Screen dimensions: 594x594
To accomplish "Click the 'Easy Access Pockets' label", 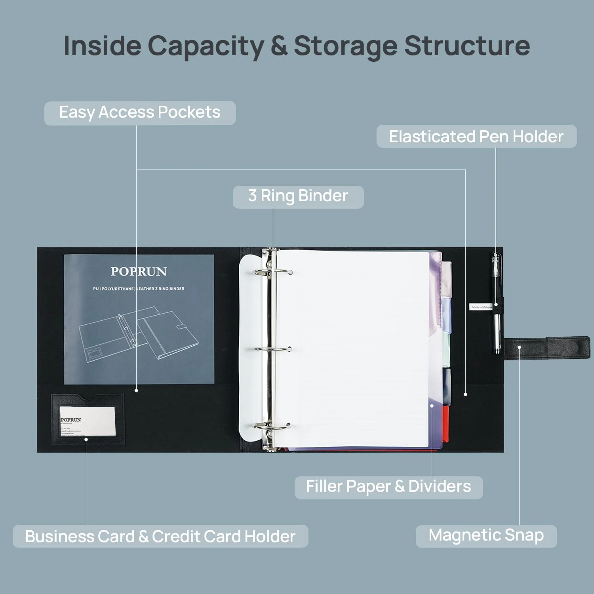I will pos(140,113).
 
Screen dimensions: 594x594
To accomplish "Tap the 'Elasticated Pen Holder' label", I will pos(476,137).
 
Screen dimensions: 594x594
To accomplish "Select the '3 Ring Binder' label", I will pos(298,196).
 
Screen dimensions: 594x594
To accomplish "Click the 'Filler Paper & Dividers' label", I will pos(388,487).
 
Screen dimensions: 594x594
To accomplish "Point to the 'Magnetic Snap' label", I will pos(486,536).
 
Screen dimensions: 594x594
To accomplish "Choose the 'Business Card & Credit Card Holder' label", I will pos(160,537).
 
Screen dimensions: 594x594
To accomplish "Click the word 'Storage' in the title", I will pos(345,46).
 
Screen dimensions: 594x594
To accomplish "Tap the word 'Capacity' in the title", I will pos(206,46).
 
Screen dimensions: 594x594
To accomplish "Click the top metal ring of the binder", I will pos(273,272).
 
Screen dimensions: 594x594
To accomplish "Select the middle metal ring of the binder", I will pos(273,349).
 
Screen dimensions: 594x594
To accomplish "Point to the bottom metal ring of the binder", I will pos(273,426).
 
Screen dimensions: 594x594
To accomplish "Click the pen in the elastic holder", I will pos(496,305).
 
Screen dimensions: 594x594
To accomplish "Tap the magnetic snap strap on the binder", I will pos(546,348).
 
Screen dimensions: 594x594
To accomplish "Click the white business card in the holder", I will pos(88,421).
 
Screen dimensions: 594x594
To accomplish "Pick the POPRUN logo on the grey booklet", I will pos(138,272).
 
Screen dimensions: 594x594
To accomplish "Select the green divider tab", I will pos(446,348).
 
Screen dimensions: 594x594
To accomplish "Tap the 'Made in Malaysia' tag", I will pos(481,307).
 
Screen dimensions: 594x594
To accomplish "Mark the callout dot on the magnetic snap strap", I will pos(519,347).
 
